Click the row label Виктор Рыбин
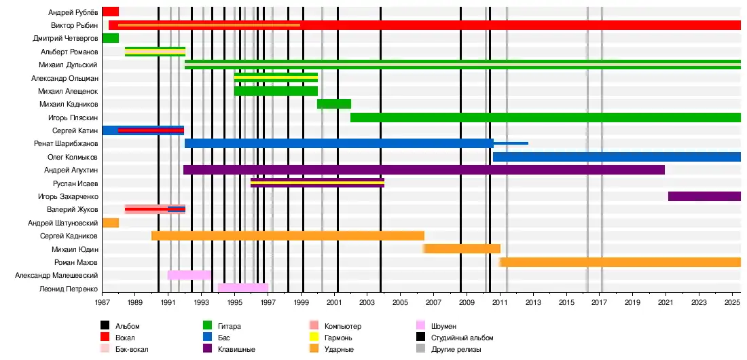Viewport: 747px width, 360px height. pos(75,25)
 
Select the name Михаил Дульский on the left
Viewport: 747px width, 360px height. pos(69,65)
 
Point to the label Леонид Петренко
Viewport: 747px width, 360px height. pos(69,289)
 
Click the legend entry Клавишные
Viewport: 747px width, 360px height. pos(237,349)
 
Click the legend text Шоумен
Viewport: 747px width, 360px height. pos(443,326)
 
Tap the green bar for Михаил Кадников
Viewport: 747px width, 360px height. pos(334,104)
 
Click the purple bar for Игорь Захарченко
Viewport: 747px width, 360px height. pos(704,196)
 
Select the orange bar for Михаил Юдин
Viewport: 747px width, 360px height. pos(462,249)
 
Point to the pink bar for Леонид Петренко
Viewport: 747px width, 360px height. pos(243,288)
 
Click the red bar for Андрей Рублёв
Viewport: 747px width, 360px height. pos(111,12)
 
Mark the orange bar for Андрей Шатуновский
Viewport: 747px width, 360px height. pos(111,223)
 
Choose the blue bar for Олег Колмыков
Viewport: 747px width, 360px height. pos(617,157)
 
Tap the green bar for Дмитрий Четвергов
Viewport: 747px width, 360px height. pos(111,38)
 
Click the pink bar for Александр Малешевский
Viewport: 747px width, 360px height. pos(189,275)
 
